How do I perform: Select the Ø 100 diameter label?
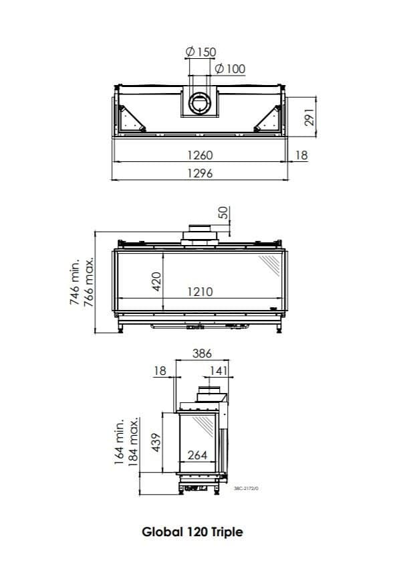pos(230,68)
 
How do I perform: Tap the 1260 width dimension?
pos(199,155)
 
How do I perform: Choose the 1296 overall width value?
pos(199,173)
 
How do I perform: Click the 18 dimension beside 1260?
pos(301,155)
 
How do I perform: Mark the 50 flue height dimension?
pos(223,213)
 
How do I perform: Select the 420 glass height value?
pos(156,281)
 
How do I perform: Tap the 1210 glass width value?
pos(199,291)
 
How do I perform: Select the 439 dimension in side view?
pos(158,443)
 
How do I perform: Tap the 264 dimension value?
pos(196,455)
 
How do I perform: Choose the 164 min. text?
pos(120,441)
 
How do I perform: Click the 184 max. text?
pos(134,441)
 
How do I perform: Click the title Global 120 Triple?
pos(192,532)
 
